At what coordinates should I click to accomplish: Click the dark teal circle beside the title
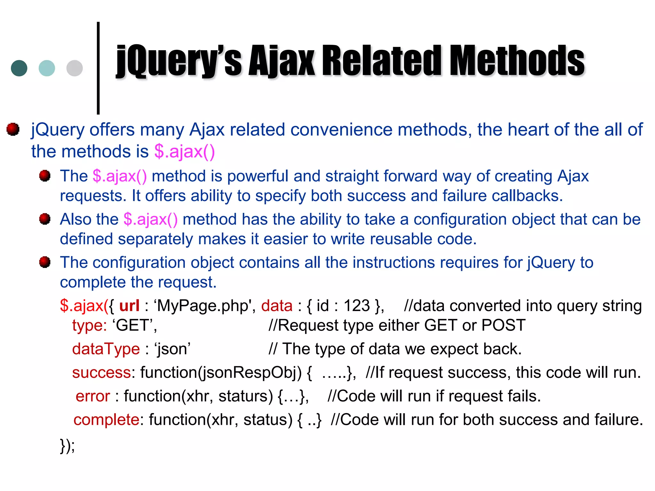(x=19, y=68)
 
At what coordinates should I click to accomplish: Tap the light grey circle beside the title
(x=75, y=68)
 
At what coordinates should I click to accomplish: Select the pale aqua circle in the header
(x=47, y=68)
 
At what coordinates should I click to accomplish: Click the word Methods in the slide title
(x=517, y=61)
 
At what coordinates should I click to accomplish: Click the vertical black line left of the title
(x=98, y=68)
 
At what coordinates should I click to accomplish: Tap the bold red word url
(x=129, y=306)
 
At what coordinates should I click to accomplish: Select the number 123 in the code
(x=356, y=306)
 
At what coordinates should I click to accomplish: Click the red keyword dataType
(x=106, y=349)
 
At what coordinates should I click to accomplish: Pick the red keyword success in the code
(x=101, y=372)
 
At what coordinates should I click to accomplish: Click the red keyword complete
(x=106, y=419)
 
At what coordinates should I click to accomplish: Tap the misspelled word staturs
(x=246, y=396)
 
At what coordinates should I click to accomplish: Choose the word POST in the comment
(x=503, y=325)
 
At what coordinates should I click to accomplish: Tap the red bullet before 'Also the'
(x=45, y=219)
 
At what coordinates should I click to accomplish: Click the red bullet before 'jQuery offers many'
(x=13, y=129)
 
